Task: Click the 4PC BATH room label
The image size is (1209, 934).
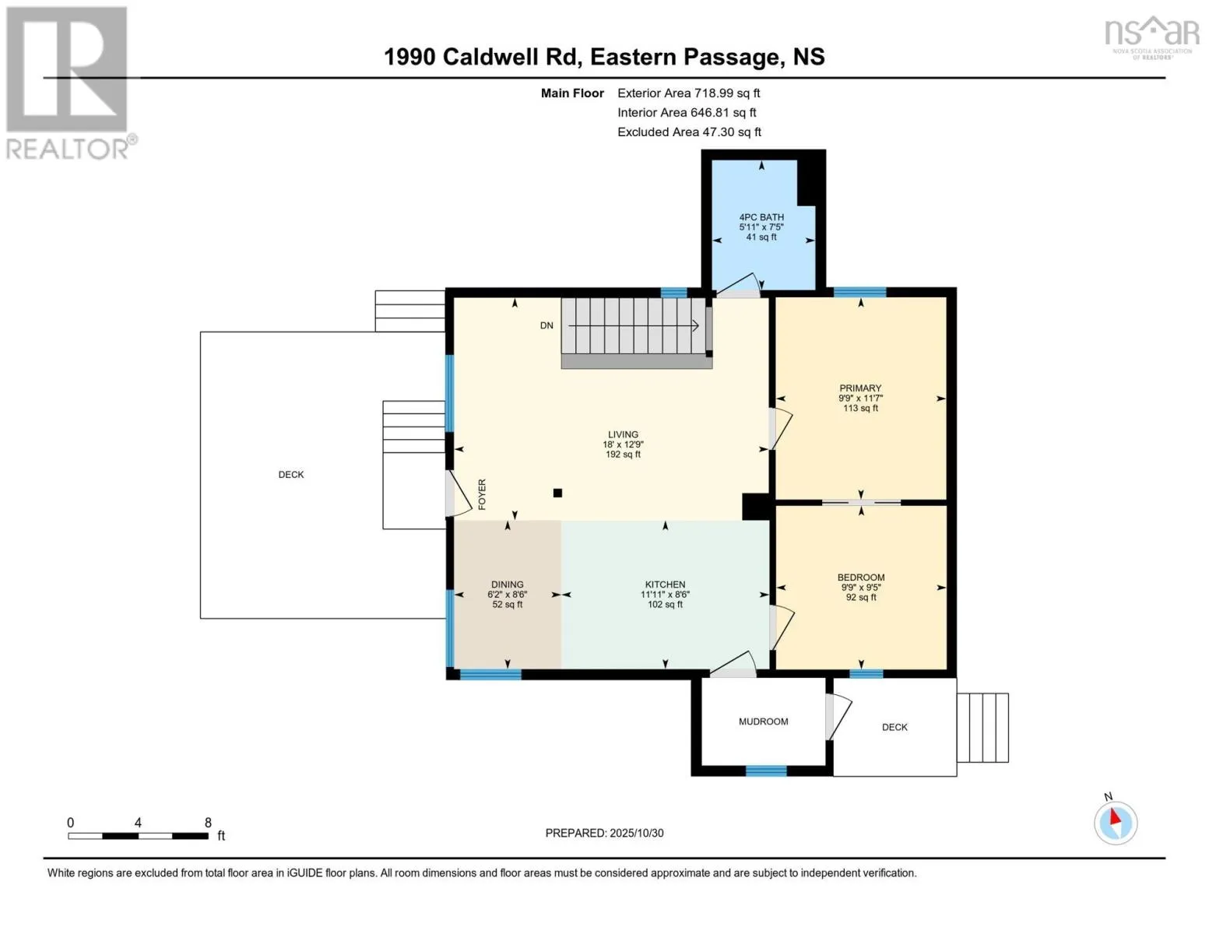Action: pos(761,217)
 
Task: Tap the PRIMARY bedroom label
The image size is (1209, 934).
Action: pos(860,388)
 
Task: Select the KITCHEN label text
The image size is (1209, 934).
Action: pos(665,584)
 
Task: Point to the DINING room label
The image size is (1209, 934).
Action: pos(507,584)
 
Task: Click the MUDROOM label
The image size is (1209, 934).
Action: pos(764,722)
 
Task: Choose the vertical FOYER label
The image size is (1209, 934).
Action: pos(482,494)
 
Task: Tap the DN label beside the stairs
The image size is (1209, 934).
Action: pos(547,325)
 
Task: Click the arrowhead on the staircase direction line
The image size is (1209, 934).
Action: pos(695,325)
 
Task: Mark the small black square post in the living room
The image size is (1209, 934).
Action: pos(557,493)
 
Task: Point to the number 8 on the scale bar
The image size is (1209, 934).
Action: pos(208,822)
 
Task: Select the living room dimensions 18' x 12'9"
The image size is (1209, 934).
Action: pos(623,444)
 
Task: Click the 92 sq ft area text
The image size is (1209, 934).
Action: pos(861,598)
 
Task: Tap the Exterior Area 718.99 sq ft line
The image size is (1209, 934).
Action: pos(688,93)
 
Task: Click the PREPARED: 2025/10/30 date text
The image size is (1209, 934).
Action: pos(604,833)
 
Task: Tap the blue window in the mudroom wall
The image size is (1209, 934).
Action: pos(765,771)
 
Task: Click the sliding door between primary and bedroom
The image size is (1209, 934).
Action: pos(861,502)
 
